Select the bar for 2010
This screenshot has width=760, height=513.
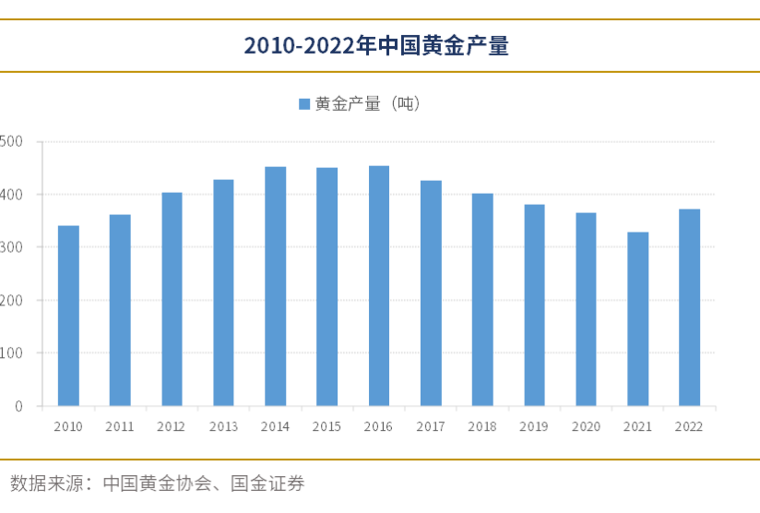point(68,316)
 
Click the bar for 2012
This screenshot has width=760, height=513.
point(172,299)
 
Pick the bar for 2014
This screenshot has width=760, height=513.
point(275,286)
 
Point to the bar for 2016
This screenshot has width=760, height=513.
point(379,286)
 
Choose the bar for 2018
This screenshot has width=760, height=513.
point(482,299)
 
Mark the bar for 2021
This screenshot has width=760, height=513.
point(637,318)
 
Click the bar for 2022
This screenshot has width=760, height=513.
point(689,307)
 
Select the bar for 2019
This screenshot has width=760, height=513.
point(534,304)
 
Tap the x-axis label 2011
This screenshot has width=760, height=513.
point(120,426)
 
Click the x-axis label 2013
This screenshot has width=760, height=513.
point(223,426)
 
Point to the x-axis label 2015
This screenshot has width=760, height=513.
point(327,426)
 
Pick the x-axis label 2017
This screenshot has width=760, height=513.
point(431,426)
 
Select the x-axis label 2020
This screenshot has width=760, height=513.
point(586,426)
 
